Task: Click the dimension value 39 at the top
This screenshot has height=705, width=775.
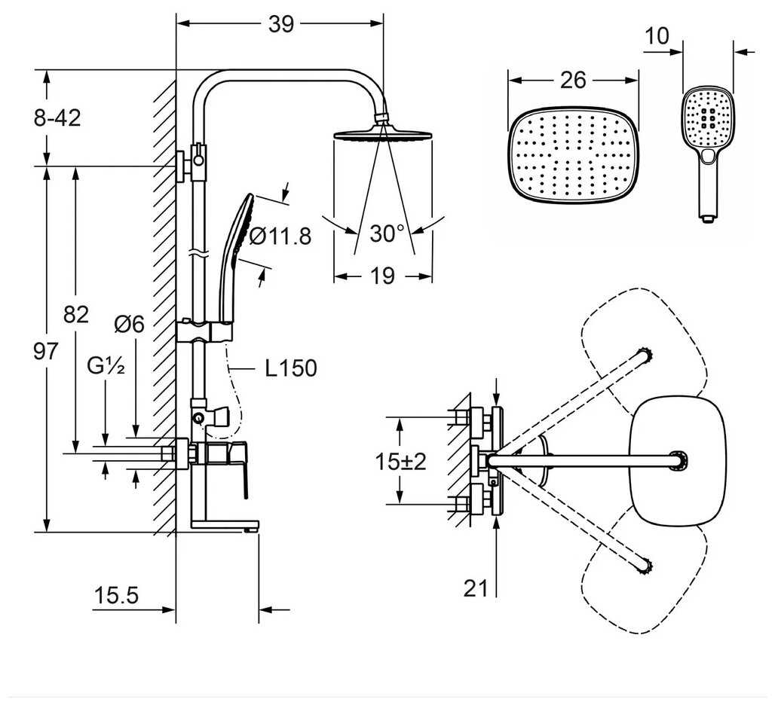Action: (280, 24)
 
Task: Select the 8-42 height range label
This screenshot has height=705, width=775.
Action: (57, 117)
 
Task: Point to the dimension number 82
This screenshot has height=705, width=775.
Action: (75, 314)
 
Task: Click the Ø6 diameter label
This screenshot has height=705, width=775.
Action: (129, 325)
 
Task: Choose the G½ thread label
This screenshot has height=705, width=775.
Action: (105, 368)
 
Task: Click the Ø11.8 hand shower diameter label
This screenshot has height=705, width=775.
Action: (279, 237)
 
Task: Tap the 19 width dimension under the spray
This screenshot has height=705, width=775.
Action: (383, 276)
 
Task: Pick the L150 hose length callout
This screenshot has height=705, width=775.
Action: (290, 368)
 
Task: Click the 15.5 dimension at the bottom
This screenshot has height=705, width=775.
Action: (117, 596)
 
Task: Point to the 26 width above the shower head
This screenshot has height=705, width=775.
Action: (573, 80)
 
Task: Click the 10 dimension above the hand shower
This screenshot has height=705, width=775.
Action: (657, 37)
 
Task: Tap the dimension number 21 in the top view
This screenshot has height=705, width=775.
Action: (476, 587)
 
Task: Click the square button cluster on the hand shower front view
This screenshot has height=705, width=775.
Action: (708, 118)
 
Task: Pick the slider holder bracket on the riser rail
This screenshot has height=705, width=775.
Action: (207, 331)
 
